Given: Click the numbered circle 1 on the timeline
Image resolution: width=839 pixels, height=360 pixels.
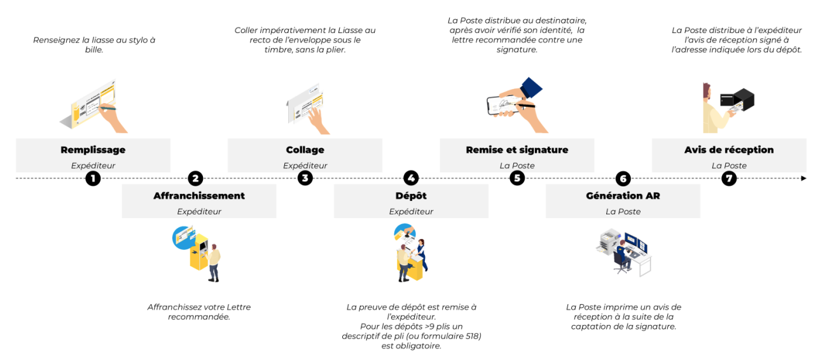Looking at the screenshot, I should (x=94, y=178).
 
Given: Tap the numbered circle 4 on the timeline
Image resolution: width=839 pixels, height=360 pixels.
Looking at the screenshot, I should (x=411, y=178).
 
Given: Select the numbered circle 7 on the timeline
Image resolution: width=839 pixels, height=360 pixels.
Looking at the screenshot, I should (x=729, y=178).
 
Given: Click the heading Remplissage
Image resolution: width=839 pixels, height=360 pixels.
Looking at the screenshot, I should (x=93, y=150).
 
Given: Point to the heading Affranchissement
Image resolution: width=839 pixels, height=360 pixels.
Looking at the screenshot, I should (x=199, y=196).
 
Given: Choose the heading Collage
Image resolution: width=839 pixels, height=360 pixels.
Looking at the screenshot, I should (x=305, y=150).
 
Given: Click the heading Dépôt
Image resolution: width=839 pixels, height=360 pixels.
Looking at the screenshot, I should (x=411, y=196).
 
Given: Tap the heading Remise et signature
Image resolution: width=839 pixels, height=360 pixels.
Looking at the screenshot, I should (x=517, y=150).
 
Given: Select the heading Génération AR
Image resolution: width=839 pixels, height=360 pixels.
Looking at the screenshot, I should (x=623, y=196).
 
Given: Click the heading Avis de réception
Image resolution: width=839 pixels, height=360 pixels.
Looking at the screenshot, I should (x=729, y=150).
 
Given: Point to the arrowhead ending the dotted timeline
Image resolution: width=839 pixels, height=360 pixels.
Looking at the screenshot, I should (x=803, y=178).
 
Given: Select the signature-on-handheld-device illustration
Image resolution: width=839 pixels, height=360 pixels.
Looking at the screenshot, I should (x=512, y=105).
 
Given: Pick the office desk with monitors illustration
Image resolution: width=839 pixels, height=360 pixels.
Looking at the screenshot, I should (x=623, y=251).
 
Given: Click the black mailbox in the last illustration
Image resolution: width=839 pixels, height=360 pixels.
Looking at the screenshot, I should (x=738, y=99).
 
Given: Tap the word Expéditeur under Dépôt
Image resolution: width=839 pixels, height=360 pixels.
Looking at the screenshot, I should (x=411, y=212).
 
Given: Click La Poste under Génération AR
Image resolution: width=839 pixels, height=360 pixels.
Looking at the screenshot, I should (x=623, y=212).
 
